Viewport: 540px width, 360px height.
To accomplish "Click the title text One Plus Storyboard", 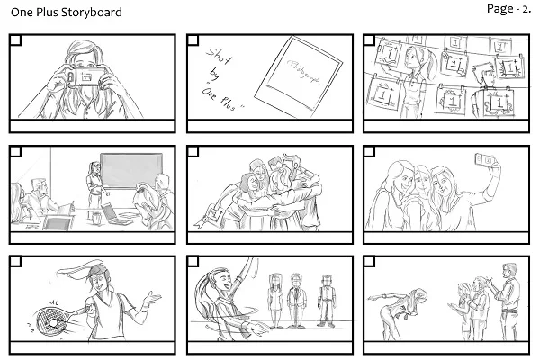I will [66, 13].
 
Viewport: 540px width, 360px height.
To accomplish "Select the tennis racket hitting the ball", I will [51, 309].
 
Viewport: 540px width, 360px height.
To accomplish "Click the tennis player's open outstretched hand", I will [153, 298].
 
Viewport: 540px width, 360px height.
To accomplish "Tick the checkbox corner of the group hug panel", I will [193, 152].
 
